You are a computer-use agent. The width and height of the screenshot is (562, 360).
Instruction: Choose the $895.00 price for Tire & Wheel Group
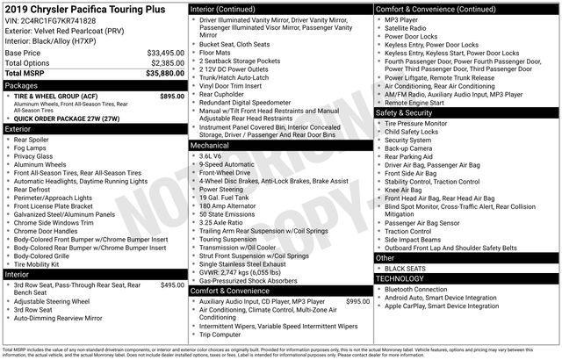pos(171,97)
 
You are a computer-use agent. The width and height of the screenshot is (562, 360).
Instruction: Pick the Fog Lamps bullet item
pos(32,148)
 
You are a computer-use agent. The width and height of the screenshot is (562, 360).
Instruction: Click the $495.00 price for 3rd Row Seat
pos(171,285)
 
